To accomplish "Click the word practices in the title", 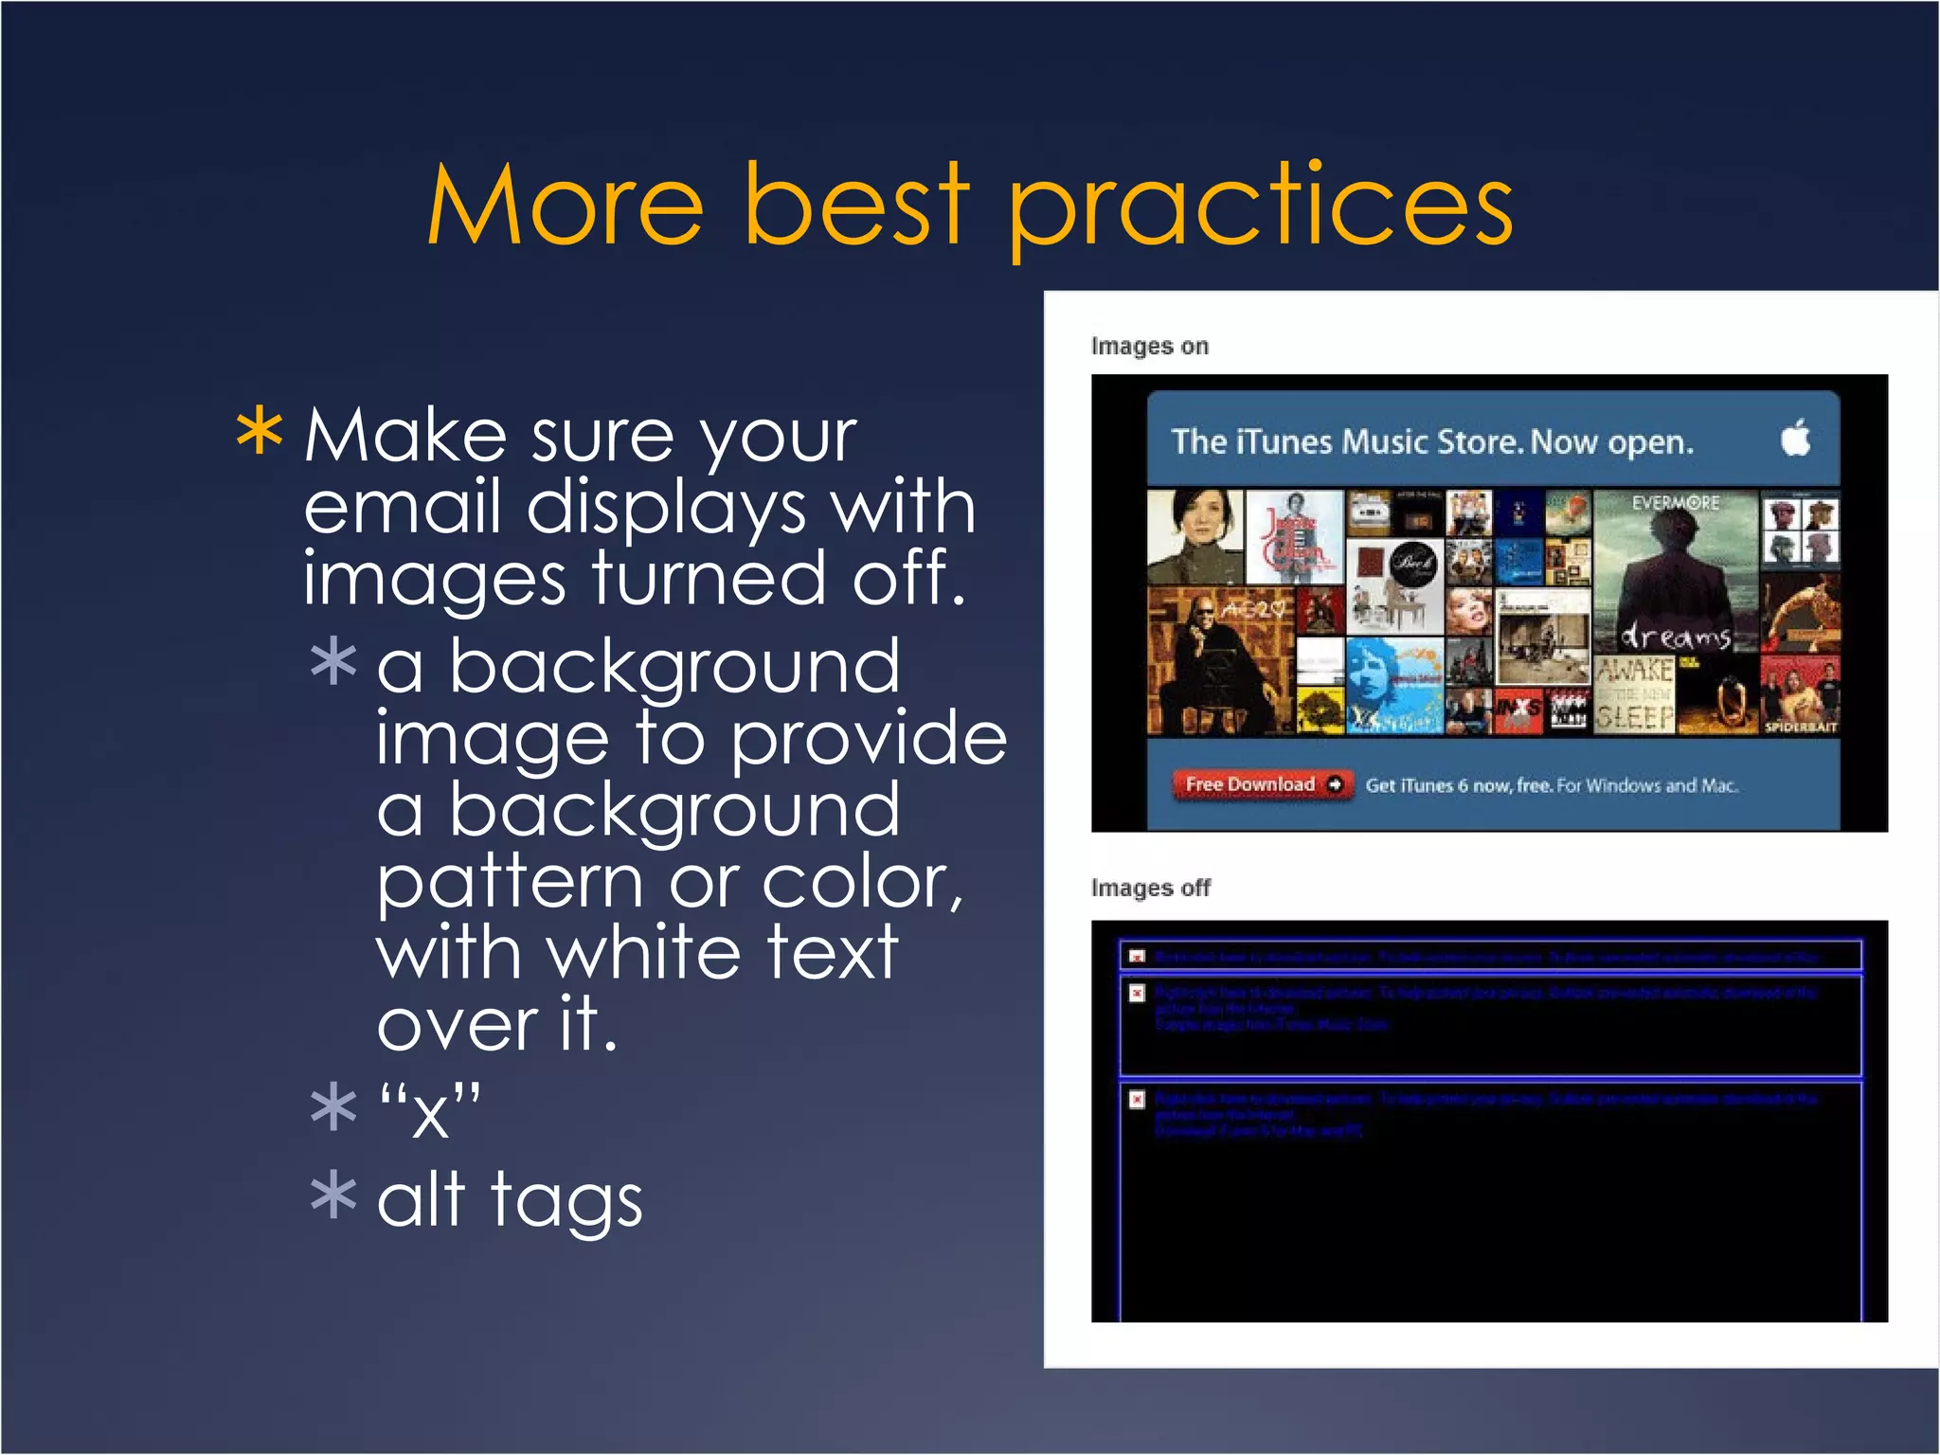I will (1260, 208).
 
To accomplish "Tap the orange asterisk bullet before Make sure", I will (259, 434).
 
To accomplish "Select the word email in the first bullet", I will (402, 506).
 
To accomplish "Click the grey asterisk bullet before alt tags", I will (333, 1195).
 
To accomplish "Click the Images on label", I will (1149, 347).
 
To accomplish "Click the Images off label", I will (1150, 889).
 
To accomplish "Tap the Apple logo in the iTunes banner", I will (1795, 440).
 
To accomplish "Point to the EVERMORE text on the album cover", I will (1675, 503).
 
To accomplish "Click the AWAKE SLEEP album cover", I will (1635, 695).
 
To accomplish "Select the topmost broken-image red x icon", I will (1138, 957).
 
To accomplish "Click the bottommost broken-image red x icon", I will (1138, 1099).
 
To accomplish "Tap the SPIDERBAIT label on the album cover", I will (1800, 727).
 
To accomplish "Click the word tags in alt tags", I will (566, 1201).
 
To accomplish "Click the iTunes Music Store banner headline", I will (1431, 442).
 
